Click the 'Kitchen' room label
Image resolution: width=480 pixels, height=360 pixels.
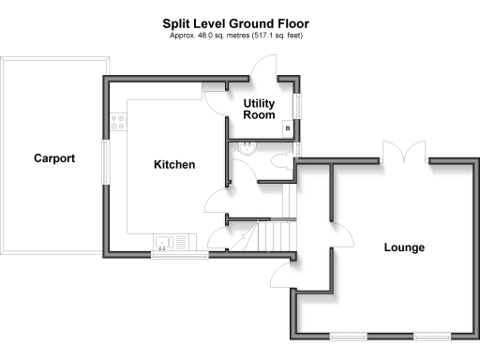pyautogui.click(x=174, y=165)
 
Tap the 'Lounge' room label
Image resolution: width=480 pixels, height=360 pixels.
pyautogui.click(x=404, y=248)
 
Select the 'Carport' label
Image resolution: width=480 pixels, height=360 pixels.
pyautogui.click(x=54, y=157)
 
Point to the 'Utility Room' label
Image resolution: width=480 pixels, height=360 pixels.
pyautogui.click(x=260, y=109)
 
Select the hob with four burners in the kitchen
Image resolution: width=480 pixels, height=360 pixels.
pyautogui.click(x=119, y=122)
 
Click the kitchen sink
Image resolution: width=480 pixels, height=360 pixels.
pyautogui.click(x=163, y=244)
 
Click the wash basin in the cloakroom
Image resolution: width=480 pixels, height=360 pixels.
pyautogui.click(x=247, y=147)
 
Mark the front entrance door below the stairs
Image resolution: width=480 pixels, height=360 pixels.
pyautogui.click(x=279, y=271)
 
